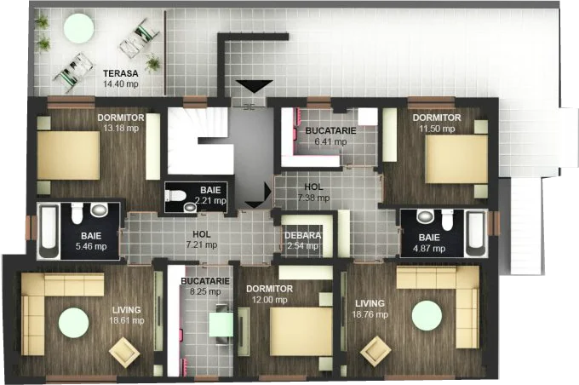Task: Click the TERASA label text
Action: pyautogui.click(x=120, y=73)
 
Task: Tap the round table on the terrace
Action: pyautogui.click(x=78, y=28)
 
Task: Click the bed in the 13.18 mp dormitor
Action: pyautogui.click(x=68, y=156)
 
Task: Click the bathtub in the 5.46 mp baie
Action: pyautogui.click(x=49, y=231)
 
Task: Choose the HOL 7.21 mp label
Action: pyautogui.click(x=201, y=239)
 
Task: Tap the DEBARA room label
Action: pyautogui.click(x=303, y=236)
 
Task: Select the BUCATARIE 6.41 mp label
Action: pyautogui.click(x=331, y=135)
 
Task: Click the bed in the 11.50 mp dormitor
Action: pyautogui.click(x=456, y=159)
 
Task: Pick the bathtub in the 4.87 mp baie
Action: pyautogui.click(x=475, y=233)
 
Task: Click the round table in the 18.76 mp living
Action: pyautogui.click(x=427, y=315)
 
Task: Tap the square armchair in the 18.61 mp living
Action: pyautogui.click(x=124, y=352)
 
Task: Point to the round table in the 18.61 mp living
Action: pyautogui.click(x=73, y=323)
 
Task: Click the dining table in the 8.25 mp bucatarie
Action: pyautogui.click(x=221, y=325)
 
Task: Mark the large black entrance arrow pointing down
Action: pyautogui.click(x=255, y=87)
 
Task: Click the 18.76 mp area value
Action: pyautogui.click(x=370, y=314)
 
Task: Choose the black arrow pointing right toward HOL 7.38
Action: pyautogui.click(x=268, y=191)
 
